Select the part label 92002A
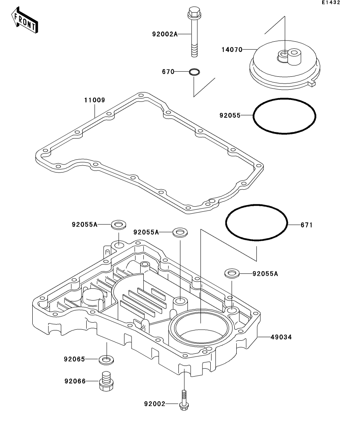pos(165,34)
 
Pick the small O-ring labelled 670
pos(194,72)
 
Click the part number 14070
pos(232,50)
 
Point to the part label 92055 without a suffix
pos(230,116)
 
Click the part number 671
pos(306,225)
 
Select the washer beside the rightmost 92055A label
pos(231,273)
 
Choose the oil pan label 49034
pos(281,337)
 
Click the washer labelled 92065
pos(106,359)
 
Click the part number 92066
pos(75,381)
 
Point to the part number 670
pos(168,72)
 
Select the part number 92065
pos(75,359)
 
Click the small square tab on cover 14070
pos(313,83)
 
